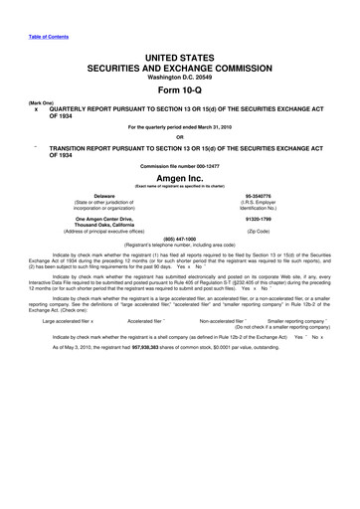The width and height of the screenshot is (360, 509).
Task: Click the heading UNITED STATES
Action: (179, 62)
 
